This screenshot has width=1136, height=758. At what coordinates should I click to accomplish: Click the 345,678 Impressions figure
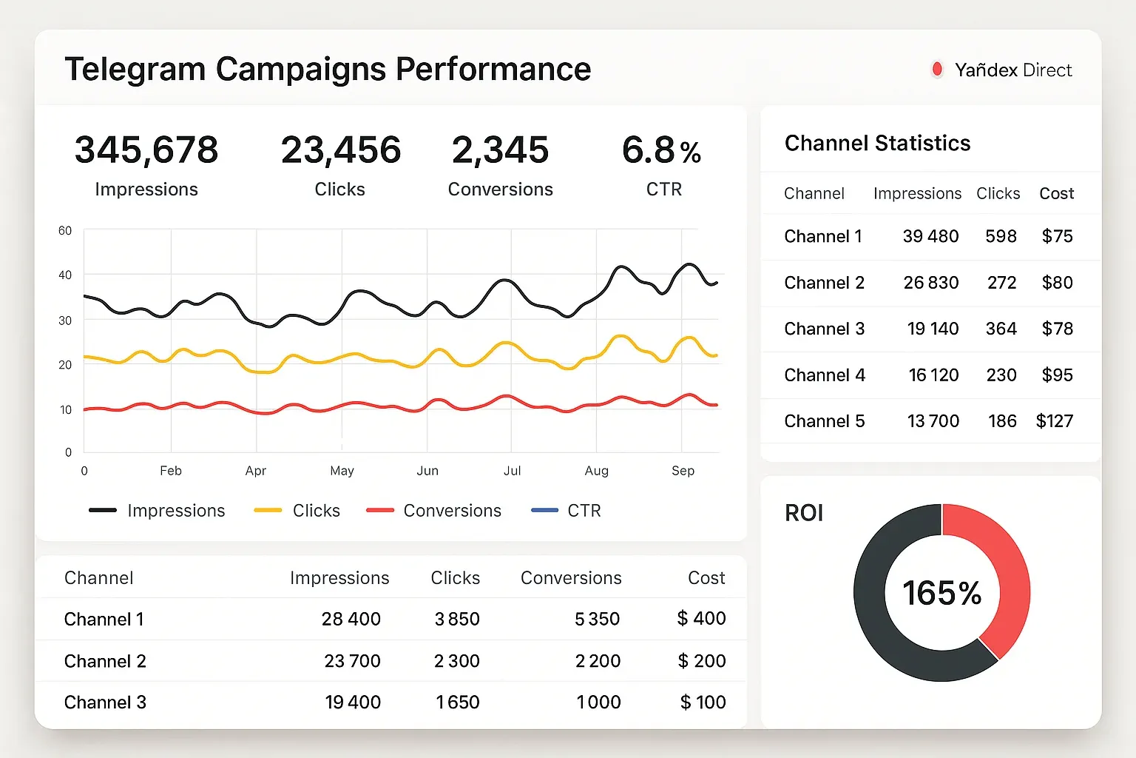[146, 150]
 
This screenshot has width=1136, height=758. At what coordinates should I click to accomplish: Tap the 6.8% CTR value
[661, 150]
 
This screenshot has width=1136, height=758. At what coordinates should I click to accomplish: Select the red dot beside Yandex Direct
[937, 70]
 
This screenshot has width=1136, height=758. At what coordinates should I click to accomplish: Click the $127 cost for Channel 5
[1054, 421]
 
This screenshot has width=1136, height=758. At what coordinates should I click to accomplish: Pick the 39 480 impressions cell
[930, 236]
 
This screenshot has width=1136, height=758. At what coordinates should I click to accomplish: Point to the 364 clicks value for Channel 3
[1001, 329]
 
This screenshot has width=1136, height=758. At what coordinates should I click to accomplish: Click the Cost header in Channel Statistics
[1056, 193]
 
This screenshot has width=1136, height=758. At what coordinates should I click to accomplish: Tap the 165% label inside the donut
[941, 593]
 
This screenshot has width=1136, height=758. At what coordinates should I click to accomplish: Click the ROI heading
[804, 513]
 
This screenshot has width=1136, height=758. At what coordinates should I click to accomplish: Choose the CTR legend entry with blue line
[567, 511]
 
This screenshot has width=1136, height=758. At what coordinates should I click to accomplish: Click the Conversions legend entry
[434, 511]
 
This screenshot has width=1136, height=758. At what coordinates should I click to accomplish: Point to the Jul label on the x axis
[512, 471]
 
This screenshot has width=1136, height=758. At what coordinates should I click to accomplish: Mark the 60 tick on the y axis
[65, 231]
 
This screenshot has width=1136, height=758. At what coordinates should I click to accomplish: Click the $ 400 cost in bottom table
[701, 618]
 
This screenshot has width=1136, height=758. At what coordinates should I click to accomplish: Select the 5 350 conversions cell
[597, 619]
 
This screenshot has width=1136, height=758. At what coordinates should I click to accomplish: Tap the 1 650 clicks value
[457, 702]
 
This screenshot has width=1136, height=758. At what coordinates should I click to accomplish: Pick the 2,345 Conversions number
[500, 150]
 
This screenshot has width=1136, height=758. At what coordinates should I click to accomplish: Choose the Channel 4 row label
[825, 375]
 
